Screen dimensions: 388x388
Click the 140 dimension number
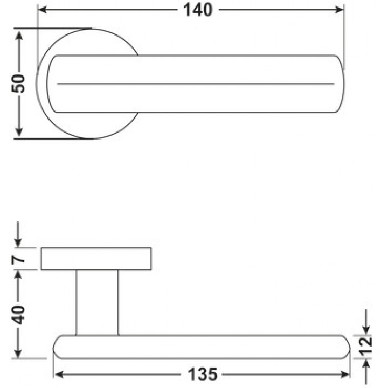(x=198, y=10)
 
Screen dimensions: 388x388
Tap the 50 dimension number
(x=18, y=84)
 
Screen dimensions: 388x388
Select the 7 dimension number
(x=18, y=259)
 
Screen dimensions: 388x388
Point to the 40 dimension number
(x=18, y=315)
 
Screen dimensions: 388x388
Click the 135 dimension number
(x=203, y=375)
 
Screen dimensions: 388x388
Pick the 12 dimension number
(x=366, y=345)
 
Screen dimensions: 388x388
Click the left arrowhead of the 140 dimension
(x=43, y=10)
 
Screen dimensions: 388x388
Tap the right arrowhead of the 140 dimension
(x=339, y=10)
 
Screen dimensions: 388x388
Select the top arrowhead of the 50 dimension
(x=19, y=36)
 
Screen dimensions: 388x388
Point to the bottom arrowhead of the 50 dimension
(x=19, y=132)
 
